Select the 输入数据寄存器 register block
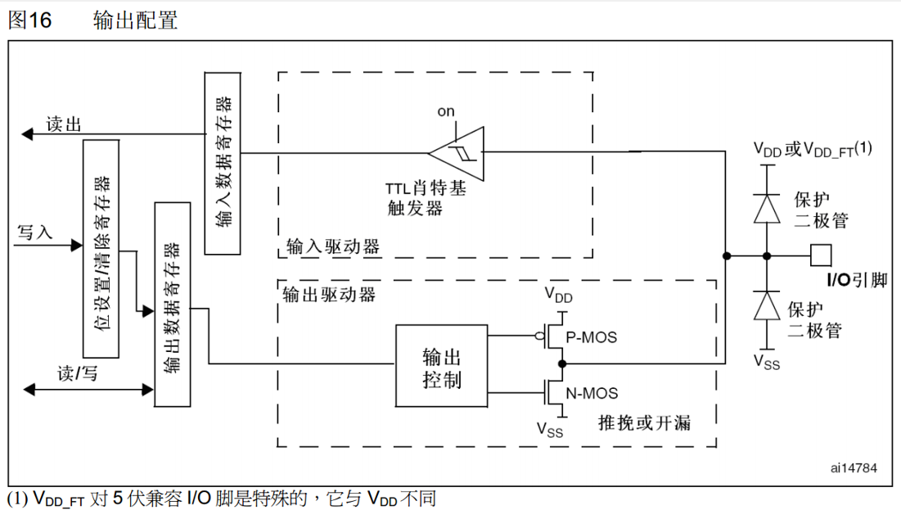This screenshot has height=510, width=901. coord(223,163)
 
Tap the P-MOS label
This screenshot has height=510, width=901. coord(593,336)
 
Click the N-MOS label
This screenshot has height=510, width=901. coord(593,393)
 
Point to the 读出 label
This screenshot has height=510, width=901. coord(64,124)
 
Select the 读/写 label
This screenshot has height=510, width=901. coord(77,373)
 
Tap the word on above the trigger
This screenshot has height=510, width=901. coord(446,111)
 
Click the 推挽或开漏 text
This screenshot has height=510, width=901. coord(644,422)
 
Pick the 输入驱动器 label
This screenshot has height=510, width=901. coord(332,246)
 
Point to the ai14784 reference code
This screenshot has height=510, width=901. coord(854,468)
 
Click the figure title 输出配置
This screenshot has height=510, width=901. coord(136,20)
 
